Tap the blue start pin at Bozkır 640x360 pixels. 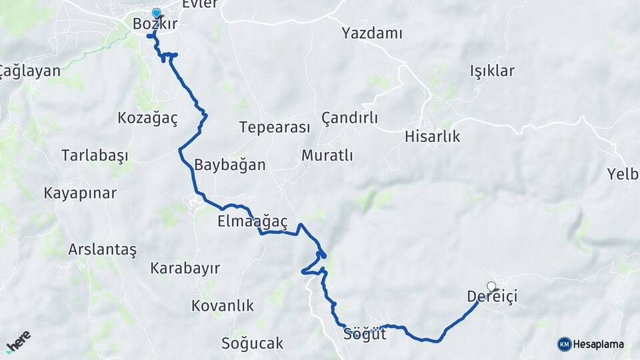pyautogui.click(x=157, y=13)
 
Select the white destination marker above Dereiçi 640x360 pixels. pyautogui.click(x=491, y=287)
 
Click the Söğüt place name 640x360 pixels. pyautogui.click(x=365, y=333)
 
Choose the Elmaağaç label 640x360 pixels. pyautogui.click(x=252, y=221)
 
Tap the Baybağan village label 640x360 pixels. pyautogui.click(x=230, y=165)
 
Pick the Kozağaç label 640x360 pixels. pyautogui.click(x=147, y=119)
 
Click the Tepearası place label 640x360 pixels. pyautogui.click(x=275, y=127)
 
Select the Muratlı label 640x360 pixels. pyautogui.click(x=327, y=155)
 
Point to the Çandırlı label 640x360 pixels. pyautogui.click(x=349, y=118)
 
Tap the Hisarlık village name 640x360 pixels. pyautogui.click(x=432, y=137)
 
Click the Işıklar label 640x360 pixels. pyautogui.click(x=492, y=71)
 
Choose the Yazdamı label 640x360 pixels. pyautogui.click(x=372, y=33)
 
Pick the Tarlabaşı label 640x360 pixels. pyautogui.click(x=95, y=155)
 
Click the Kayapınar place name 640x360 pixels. pyautogui.click(x=80, y=193)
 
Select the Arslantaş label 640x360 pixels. pyautogui.click(x=102, y=250)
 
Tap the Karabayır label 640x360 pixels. pyautogui.click(x=185, y=268)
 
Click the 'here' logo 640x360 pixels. pyautogui.click(x=18, y=341)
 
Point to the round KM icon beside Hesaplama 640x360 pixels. pyautogui.click(x=565, y=344)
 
